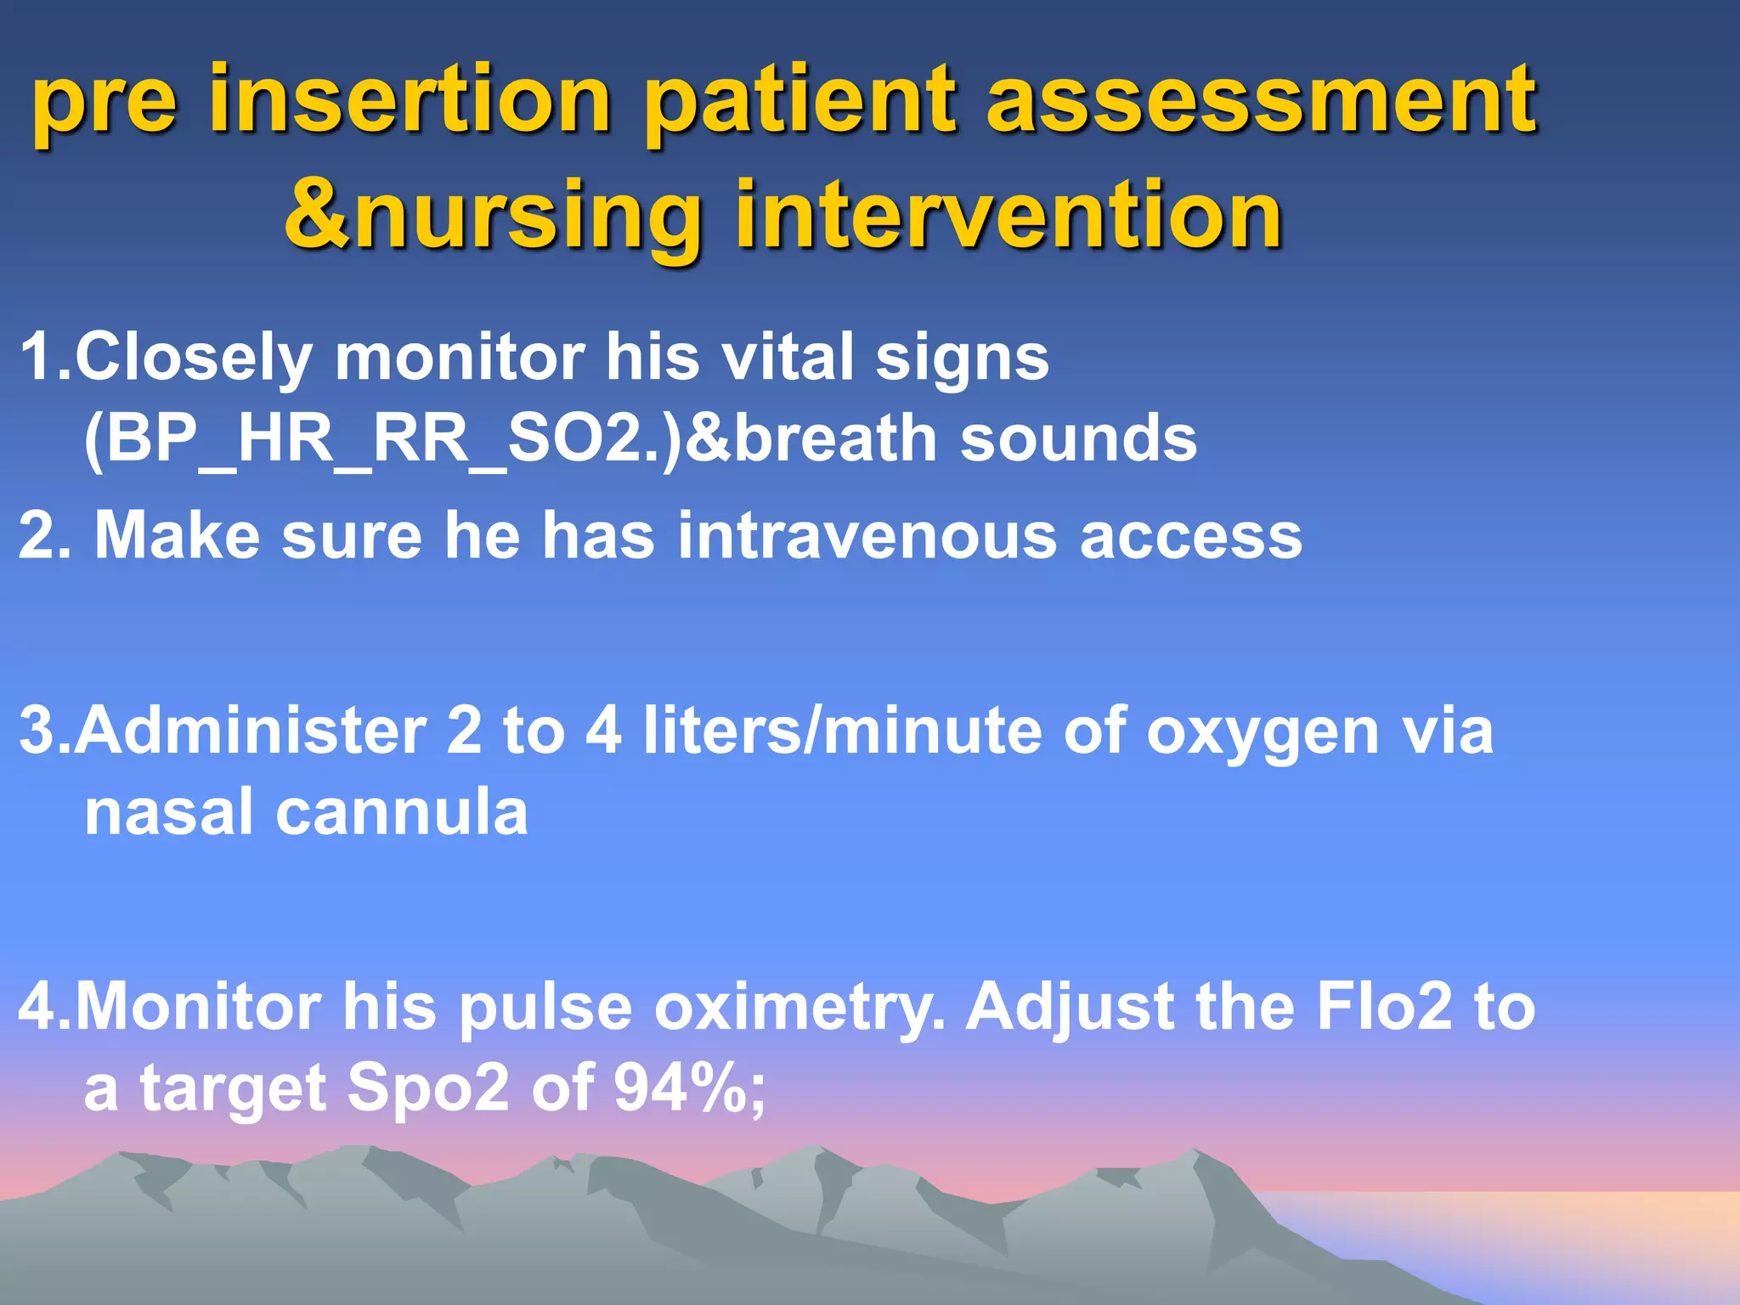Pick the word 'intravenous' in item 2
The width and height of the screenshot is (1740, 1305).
point(867,536)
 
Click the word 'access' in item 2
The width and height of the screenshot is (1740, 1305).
point(1190,538)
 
